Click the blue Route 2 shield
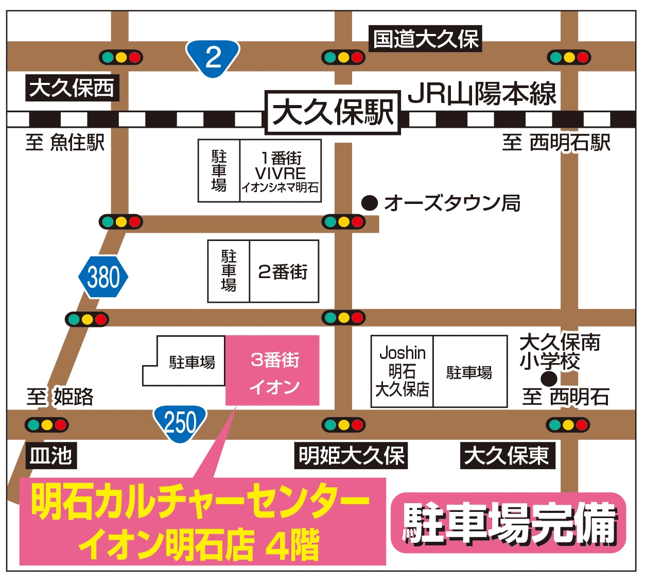213,57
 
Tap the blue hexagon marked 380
103,277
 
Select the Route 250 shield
180,423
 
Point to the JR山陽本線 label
482,94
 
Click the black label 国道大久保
425,39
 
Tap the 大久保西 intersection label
72,88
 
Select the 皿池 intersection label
51,456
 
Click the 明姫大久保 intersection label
351,456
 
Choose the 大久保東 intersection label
507,456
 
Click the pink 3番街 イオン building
273,371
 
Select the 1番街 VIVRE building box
281,171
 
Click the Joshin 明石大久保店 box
402,371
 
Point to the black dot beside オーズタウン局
370,203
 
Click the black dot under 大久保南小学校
549,379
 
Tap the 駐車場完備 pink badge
509,523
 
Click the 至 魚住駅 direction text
65,143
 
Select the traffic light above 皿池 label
47,425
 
